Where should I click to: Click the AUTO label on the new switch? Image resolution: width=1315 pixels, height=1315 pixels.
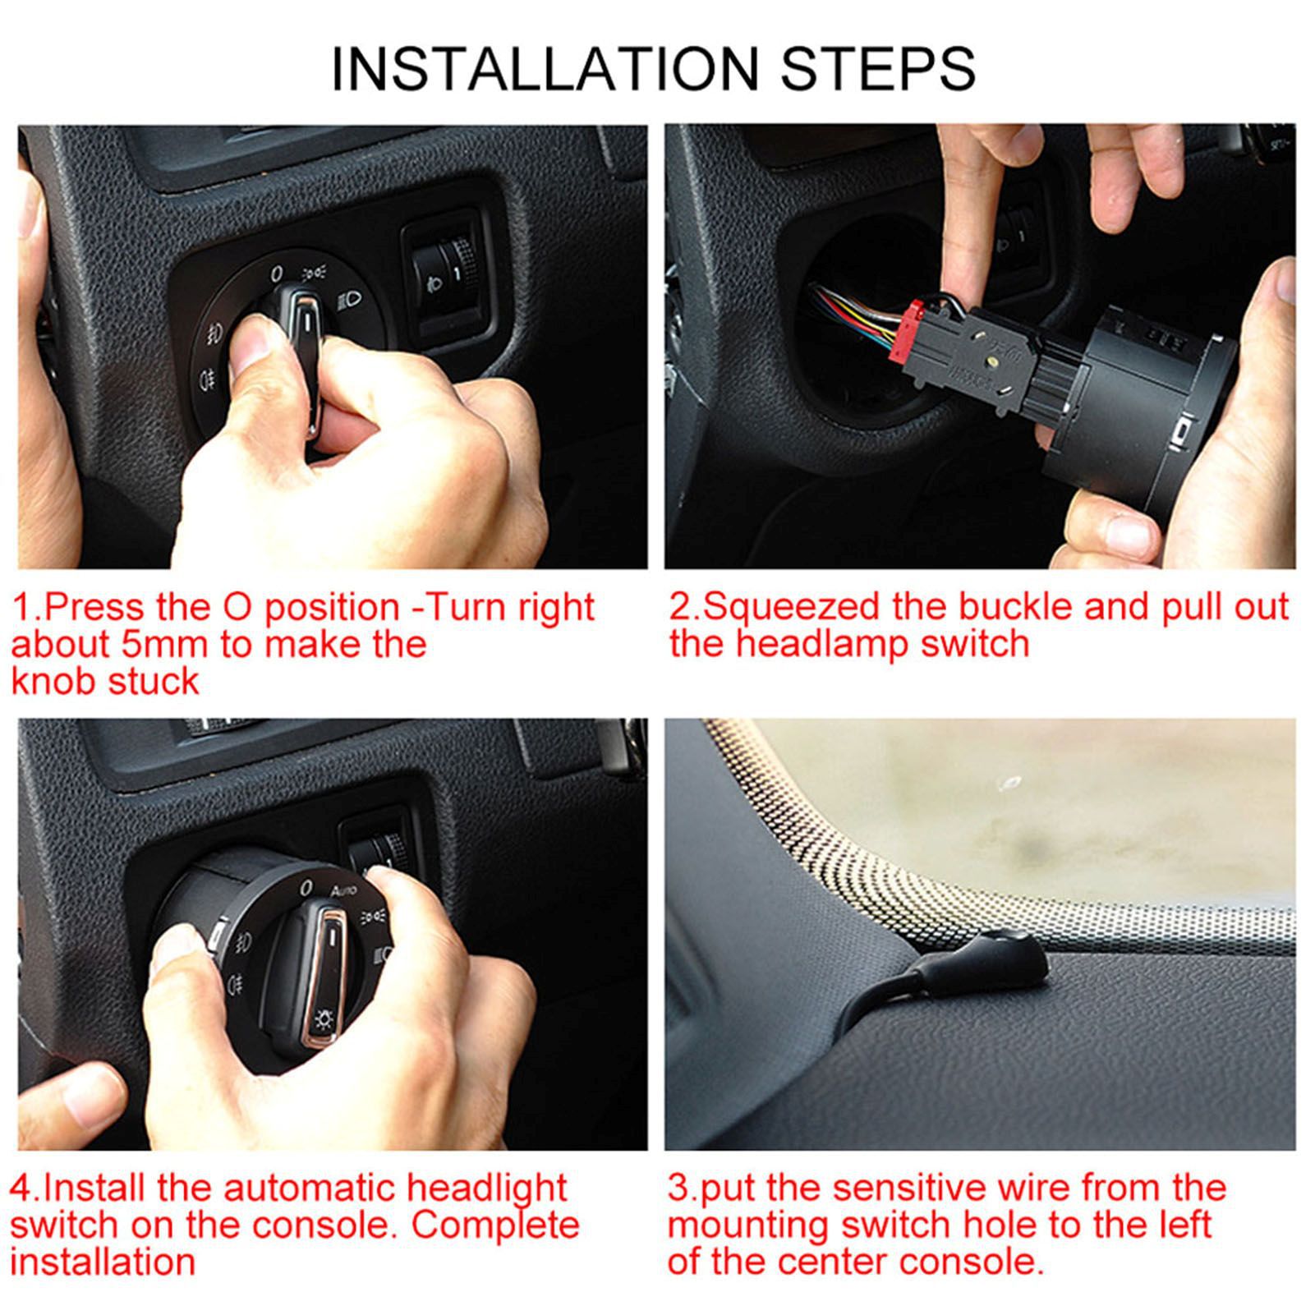(x=343, y=890)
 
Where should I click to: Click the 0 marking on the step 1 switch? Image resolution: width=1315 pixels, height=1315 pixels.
(x=277, y=274)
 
